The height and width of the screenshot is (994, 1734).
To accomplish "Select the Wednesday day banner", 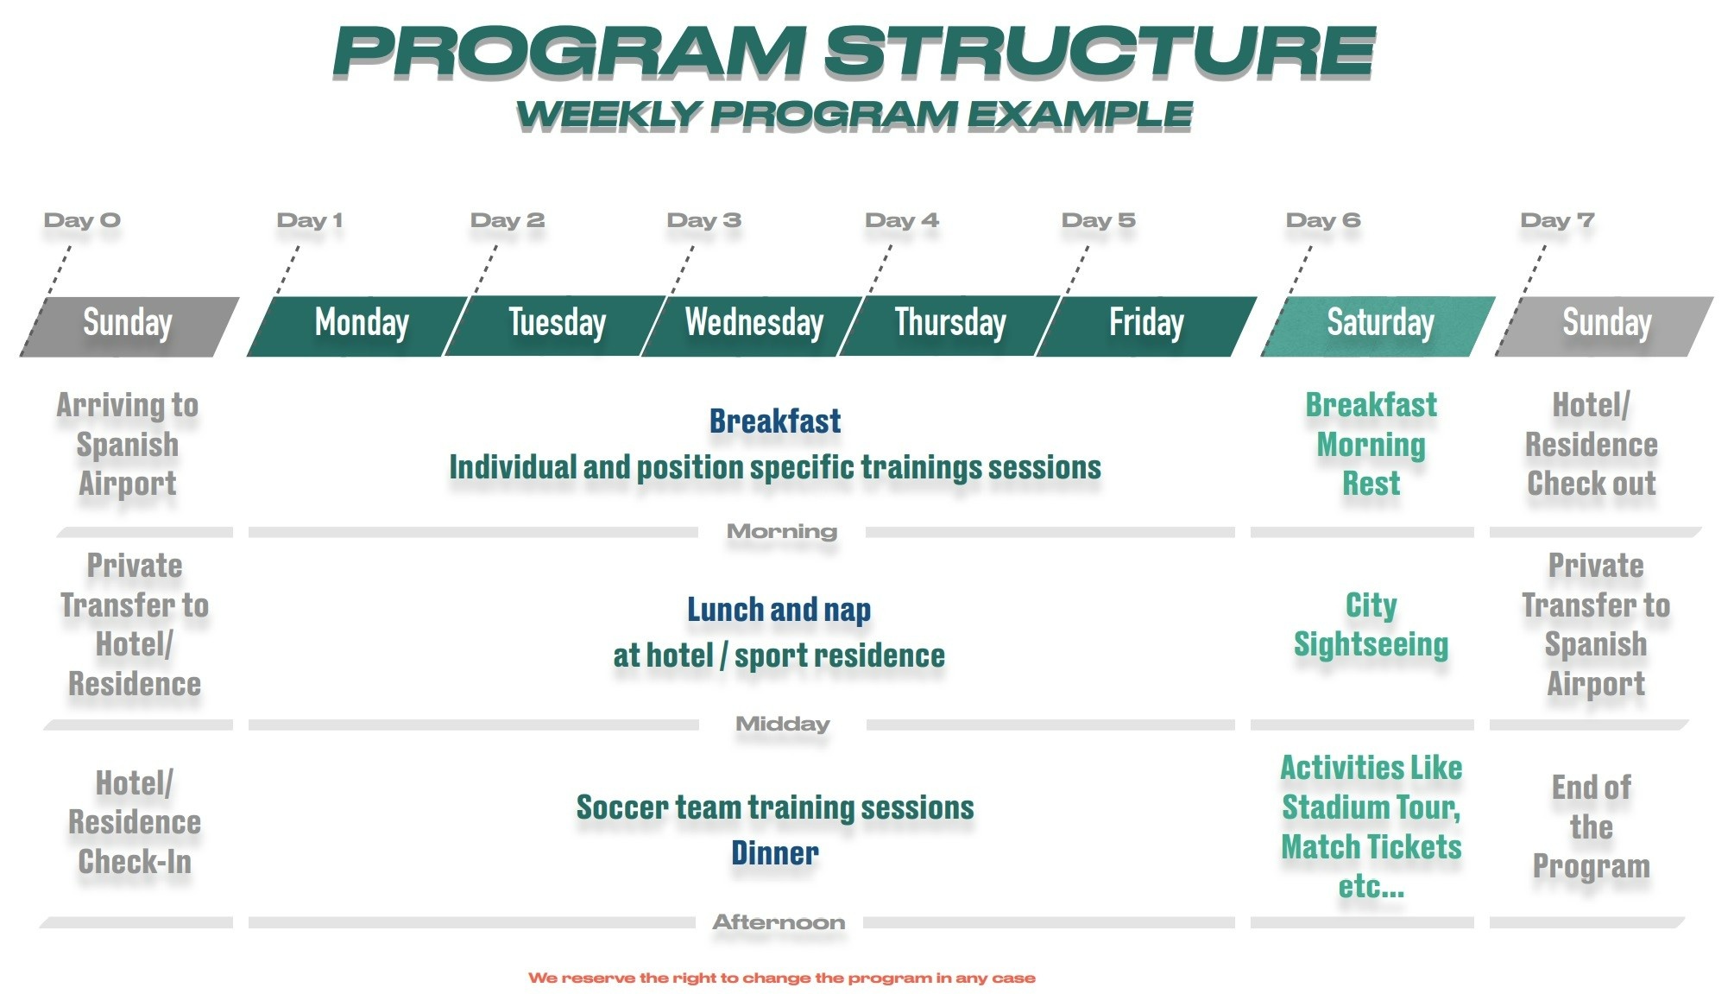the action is (752, 326).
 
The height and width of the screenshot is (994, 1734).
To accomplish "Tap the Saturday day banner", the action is (1378, 326).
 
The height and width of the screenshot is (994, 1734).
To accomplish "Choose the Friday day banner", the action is (1146, 326).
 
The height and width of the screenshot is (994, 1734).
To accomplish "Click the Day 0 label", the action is (82, 220).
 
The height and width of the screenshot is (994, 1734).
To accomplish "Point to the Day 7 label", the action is (1557, 220).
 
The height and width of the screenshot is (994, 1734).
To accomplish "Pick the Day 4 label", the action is (901, 220).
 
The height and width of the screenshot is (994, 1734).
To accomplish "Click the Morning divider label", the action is (782, 531).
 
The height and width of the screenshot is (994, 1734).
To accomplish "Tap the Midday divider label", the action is (783, 724).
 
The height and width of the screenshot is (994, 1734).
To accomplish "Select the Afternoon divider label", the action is (779, 922).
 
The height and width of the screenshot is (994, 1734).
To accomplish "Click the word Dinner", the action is (775, 853).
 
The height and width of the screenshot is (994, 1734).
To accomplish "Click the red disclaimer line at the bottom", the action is (782, 978).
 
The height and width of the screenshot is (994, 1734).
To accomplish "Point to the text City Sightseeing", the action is (1371, 624).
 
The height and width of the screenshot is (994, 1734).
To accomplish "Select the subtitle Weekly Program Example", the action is (854, 115).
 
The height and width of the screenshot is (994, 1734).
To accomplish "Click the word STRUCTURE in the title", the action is (1099, 51).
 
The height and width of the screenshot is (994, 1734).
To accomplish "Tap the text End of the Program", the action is (1592, 826).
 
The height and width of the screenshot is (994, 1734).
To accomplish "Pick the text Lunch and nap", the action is (779, 610).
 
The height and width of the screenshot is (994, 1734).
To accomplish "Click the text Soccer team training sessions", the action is (775, 807).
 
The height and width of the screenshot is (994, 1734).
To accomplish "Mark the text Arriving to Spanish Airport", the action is (128, 444).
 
